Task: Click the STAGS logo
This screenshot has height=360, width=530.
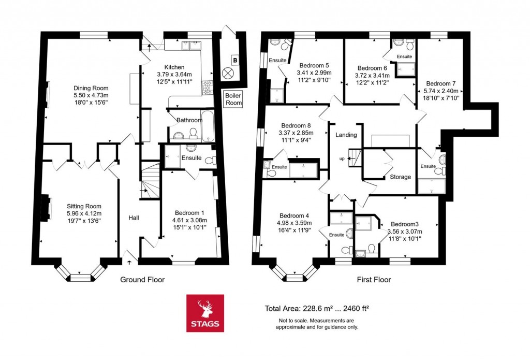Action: tap(205, 313)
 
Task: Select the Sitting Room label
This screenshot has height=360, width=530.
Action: tap(84, 206)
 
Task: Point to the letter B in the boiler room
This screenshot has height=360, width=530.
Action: tap(235, 61)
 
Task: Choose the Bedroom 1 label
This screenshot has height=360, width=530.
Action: tap(189, 213)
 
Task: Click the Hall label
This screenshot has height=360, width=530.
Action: tap(134, 218)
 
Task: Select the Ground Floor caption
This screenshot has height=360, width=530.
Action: tap(142, 280)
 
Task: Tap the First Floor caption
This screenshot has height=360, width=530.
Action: tap(374, 280)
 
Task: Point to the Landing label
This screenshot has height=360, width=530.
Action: tap(346, 135)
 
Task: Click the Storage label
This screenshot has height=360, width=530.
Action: tap(400, 177)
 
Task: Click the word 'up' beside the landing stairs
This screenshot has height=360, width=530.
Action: tap(341, 158)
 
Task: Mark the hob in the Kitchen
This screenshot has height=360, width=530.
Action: tap(208, 88)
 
